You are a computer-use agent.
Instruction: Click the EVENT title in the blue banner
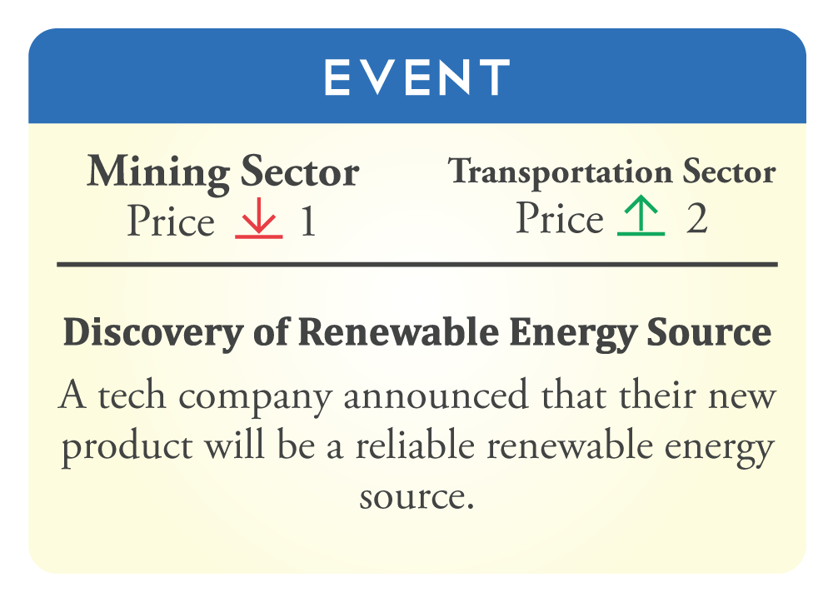coord(417,77)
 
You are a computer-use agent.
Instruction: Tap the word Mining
coord(158,173)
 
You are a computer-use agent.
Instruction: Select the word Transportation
coord(561,172)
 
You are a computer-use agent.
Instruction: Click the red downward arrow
coord(259,217)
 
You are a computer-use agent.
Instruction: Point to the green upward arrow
coord(641,215)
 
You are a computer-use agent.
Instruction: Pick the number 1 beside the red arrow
coord(308,221)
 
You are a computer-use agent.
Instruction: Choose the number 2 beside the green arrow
coord(696,218)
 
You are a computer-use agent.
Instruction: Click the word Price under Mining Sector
coord(171,221)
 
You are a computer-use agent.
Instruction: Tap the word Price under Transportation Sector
coord(560,218)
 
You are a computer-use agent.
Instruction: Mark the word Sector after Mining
coord(300,172)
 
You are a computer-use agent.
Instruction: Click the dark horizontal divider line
coord(417,264)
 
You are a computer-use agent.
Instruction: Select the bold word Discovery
coord(153,334)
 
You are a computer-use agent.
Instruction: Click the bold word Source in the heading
coord(709,332)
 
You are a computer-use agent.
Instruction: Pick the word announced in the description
coord(436,396)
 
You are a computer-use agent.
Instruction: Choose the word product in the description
coord(127,447)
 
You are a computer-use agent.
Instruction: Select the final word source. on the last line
coord(417,497)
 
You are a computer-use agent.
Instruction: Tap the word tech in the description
coord(132,396)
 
